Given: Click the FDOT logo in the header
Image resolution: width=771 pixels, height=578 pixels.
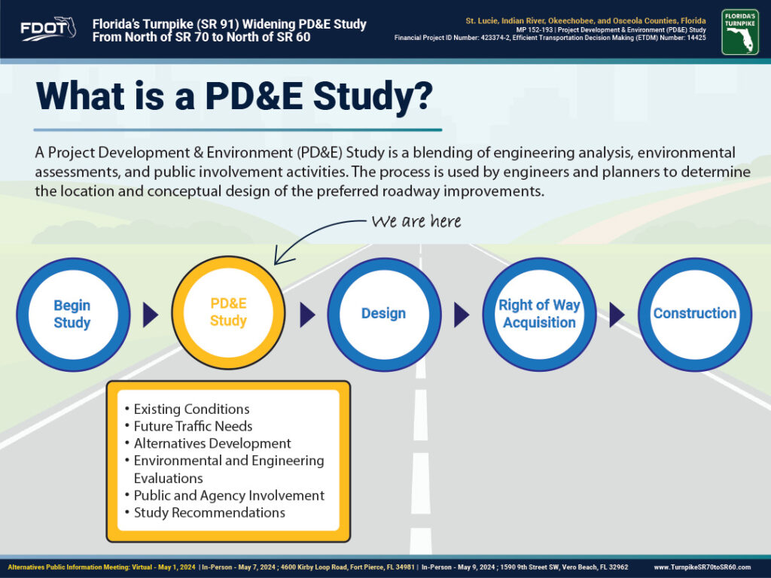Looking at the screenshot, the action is tap(48, 29).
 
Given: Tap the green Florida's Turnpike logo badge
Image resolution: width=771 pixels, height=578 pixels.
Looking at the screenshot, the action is tap(740, 32).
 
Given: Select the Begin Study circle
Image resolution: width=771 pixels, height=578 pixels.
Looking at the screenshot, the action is tap(73, 315).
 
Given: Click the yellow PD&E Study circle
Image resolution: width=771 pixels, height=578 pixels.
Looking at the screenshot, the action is tap(228, 312).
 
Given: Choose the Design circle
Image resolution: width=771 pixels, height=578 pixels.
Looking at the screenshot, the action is tap(384, 315).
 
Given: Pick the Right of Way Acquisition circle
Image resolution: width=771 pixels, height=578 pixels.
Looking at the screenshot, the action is tap(539, 315).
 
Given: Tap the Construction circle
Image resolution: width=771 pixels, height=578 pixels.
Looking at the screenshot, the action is tap(695, 315).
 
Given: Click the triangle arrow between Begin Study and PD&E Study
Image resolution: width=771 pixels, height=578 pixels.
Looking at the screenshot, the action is tap(150, 315).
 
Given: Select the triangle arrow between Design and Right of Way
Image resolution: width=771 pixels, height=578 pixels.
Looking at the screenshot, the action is tap(462, 315).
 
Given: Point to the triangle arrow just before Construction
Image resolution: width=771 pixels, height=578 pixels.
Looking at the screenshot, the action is tap(617, 315).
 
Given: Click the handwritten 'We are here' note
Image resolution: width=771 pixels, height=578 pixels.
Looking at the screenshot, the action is tap(416, 222).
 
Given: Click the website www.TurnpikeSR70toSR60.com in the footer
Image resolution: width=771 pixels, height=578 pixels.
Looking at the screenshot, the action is tap(702, 567).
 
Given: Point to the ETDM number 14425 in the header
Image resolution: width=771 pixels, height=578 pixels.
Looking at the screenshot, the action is tap(696, 38).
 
